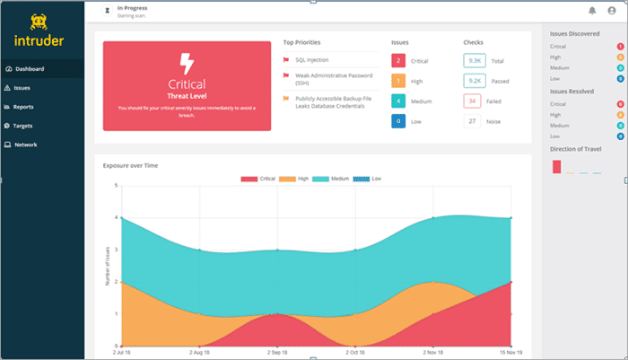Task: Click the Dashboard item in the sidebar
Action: (x=29, y=69)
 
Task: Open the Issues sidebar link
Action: (x=23, y=88)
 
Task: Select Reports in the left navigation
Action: (x=25, y=107)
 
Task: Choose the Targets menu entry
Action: (x=25, y=126)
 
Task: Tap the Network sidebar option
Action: (x=26, y=145)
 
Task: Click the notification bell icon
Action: (x=592, y=11)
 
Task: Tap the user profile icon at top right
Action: (x=612, y=11)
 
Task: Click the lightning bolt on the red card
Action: (x=187, y=64)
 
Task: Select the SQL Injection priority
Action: (x=312, y=60)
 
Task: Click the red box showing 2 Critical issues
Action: (x=398, y=60)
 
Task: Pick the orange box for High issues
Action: (x=398, y=81)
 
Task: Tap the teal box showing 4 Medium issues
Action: (x=398, y=101)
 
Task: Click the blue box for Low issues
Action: (x=398, y=121)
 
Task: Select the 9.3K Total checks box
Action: (x=475, y=60)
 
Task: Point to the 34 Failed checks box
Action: (x=475, y=101)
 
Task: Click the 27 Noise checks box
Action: (x=475, y=121)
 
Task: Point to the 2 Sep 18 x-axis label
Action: (x=277, y=354)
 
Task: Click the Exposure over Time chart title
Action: (x=130, y=166)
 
